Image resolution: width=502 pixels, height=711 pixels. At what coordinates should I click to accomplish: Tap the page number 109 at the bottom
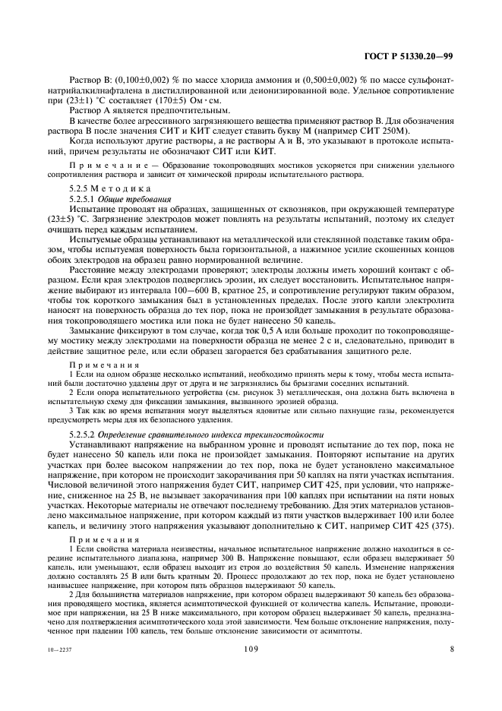[251, 649]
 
